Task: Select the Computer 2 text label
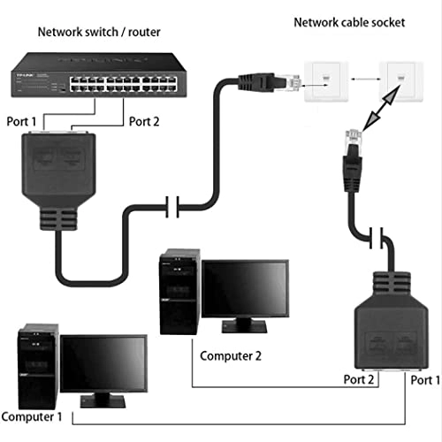coord(232,356)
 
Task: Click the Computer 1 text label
coord(32,415)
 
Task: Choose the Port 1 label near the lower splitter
coord(423,381)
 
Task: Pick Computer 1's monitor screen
coord(103,363)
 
